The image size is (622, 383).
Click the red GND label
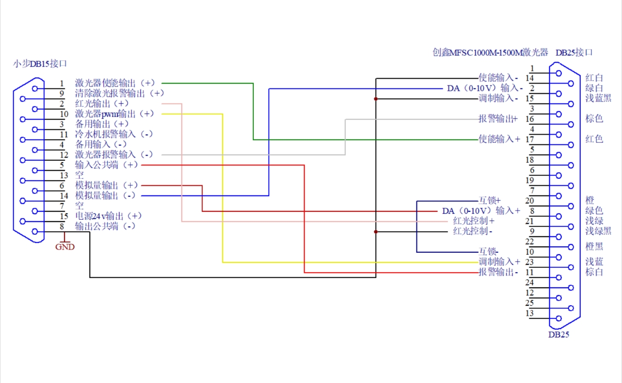click(x=65, y=247)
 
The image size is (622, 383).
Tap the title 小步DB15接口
click(x=39, y=63)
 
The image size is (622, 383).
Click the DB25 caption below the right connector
click(x=558, y=334)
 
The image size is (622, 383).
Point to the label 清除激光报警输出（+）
click(x=120, y=93)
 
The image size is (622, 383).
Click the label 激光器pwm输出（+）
click(x=114, y=114)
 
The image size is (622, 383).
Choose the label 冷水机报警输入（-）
click(x=114, y=134)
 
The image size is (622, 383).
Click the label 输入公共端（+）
click(x=106, y=165)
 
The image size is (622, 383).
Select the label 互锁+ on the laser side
click(x=489, y=200)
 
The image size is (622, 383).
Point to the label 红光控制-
click(x=473, y=231)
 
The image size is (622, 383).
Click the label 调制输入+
click(x=500, y=262)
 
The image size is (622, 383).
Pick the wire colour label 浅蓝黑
click(x=598, y=98)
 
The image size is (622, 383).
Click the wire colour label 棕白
click(x=594, y=272)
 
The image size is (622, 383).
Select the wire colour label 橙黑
click(x=594, y=246)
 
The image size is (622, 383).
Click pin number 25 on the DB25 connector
click(x=530, y=303)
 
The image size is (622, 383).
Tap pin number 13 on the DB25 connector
click(x=530, y=313)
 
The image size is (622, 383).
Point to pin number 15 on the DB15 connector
click(x=62, y=216)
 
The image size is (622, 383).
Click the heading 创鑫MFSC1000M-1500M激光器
click(x=490, y=52)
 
